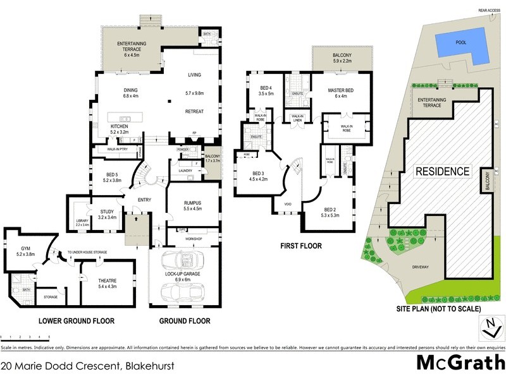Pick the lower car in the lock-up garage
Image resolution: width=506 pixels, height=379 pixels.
[183, 291]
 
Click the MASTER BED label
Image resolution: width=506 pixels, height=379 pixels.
[341, 90]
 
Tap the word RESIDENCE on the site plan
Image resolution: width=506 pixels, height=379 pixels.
[442, 172]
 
